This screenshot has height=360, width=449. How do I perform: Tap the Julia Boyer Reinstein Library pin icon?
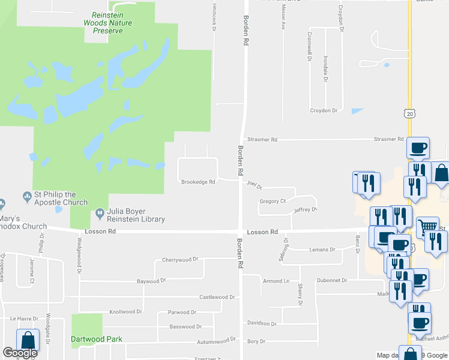[100, 213]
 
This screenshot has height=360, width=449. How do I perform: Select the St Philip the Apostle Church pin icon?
[26, 196]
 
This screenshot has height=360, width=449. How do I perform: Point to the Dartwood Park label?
[97, 339]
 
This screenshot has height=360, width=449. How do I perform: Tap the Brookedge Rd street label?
[198, 182]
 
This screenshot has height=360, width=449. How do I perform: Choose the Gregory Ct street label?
[273, 201]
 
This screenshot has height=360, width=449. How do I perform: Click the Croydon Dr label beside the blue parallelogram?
[325, 111]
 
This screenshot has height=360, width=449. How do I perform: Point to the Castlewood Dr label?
[217, 297]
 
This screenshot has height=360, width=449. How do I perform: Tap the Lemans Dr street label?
[322, 250]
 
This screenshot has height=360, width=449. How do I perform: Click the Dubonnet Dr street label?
[332, 280]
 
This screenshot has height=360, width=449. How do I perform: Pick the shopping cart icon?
[427, 227]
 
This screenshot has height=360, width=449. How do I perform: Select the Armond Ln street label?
[276, 281]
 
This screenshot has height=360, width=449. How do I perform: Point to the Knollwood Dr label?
[125, 312]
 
